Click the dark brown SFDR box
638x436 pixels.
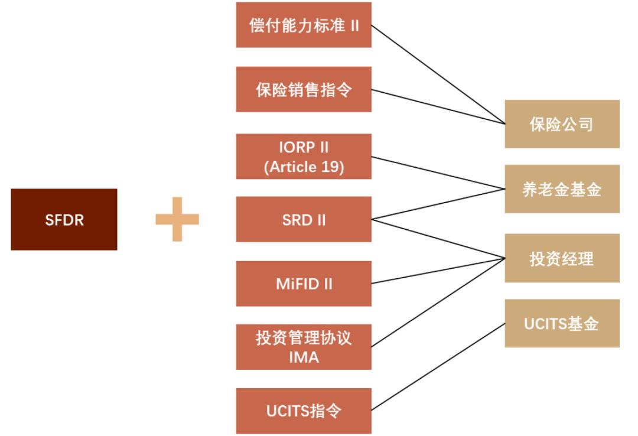click(64, 219)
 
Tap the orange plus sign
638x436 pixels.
click(177, 219)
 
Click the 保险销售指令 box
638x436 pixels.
click(304, 89)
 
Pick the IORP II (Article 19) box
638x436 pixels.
click(304, 157)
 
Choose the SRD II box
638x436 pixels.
click(304, 219)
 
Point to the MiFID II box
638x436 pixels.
click(304, 283)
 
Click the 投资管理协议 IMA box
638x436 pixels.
click(304, 347)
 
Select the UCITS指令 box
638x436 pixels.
click(304, 411)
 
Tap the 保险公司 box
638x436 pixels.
click(562, 124)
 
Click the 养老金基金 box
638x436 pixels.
click(562, 190)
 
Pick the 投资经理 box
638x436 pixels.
click(562, 258)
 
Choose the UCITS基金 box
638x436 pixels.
click(562, 324)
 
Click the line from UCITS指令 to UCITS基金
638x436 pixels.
click(438, 366)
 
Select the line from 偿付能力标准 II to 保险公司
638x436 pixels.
click(438, 75)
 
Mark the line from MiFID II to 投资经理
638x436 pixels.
click(438, 271)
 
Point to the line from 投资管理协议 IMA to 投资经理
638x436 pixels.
click(438, 302)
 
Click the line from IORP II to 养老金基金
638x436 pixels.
click(438, 174)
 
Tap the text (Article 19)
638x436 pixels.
click(304, 166)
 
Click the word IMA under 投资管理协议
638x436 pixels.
click(304, 357)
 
